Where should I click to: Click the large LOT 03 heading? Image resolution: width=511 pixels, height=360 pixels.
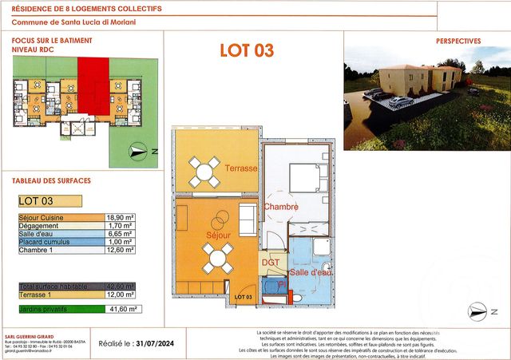pos(247,50)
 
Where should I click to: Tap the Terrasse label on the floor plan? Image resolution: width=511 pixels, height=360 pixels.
pos(241,168)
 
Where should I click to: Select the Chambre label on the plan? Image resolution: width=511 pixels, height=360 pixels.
pos(281,207)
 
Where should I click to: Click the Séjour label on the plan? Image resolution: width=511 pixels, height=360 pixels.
pos(218,235)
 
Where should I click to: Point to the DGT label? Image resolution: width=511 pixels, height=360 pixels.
pos(270,263)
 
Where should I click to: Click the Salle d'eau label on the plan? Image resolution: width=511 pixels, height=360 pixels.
pos(311,273)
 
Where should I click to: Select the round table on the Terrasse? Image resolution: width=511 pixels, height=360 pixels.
pos(204,171)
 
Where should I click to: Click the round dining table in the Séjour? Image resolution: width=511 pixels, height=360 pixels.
pos(217,258)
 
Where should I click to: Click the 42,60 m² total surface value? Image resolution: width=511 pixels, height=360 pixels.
pos(120,285)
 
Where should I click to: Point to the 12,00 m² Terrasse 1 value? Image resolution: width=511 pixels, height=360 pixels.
pos(120,293)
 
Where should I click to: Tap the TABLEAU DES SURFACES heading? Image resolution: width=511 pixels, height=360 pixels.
pos(52,180)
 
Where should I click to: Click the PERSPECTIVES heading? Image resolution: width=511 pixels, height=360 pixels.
pos(458,41)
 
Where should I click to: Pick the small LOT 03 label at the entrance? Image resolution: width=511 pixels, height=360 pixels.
pos(243,298)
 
